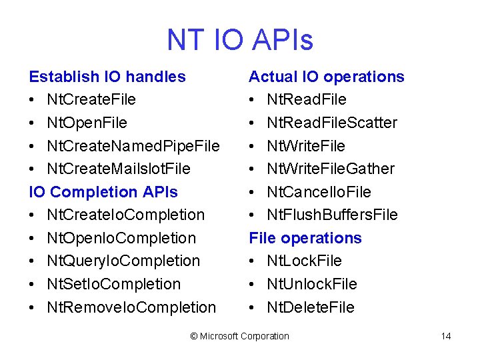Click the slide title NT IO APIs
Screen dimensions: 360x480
pos(240,40)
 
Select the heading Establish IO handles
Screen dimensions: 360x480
pos(107,77)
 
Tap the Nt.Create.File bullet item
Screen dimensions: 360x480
pos(91,99)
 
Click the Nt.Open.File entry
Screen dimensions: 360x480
pos(87,123)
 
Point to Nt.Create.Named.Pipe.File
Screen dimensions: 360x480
pos(133,145)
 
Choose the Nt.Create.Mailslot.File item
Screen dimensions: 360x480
pos(119,169)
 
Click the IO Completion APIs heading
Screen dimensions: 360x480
pos(103,192)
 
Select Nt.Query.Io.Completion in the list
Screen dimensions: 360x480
pos(123,261)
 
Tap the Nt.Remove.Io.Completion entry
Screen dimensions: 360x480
pos(131,307)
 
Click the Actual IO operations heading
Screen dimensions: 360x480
pos(327,77)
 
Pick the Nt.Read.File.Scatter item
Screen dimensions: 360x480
pos(332,123)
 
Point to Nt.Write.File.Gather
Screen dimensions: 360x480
pos(331,169)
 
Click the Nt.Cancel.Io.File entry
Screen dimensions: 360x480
pos(319,192)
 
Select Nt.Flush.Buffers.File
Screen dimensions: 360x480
pos(332,215)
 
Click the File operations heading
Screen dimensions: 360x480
pos(305,238)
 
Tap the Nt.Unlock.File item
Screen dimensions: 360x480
pos(312,284)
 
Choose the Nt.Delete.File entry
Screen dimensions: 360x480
pos(311,307)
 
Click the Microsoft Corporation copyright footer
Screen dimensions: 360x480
pos(240,336)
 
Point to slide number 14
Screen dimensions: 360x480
pos(446,336)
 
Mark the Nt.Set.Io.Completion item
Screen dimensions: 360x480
pos(113,284)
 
